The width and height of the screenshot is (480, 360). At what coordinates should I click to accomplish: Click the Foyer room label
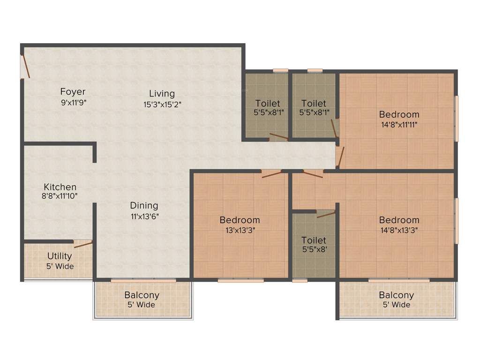[73, 91]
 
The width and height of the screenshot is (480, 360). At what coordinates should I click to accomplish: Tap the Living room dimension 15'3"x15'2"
[162, 105]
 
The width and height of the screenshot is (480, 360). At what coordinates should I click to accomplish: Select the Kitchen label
[60, 187]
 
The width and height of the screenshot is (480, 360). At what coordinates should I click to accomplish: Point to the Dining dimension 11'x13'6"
[144, 216]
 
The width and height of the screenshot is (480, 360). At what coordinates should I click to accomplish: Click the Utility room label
[60, 256]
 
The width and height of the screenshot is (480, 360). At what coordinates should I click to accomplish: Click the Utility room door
[83, 244]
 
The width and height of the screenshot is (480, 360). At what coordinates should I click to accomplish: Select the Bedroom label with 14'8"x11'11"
[399, 114]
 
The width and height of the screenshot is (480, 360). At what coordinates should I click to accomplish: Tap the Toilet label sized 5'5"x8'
[314, 240]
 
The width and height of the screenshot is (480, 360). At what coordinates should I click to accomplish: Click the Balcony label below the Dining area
[142, 295]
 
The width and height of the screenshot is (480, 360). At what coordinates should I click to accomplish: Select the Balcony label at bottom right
[396, 295]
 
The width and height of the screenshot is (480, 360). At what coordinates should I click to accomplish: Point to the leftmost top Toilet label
[268, 103]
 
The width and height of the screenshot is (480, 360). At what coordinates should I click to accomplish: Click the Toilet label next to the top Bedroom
[314, 103]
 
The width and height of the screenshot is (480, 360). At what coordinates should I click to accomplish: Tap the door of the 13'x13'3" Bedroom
[272, 174]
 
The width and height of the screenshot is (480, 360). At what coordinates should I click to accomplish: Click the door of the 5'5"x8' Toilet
[326, 215]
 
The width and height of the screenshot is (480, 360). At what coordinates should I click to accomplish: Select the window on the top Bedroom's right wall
[456, 118]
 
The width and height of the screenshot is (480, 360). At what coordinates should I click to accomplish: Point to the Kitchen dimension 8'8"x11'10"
[59, 196]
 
